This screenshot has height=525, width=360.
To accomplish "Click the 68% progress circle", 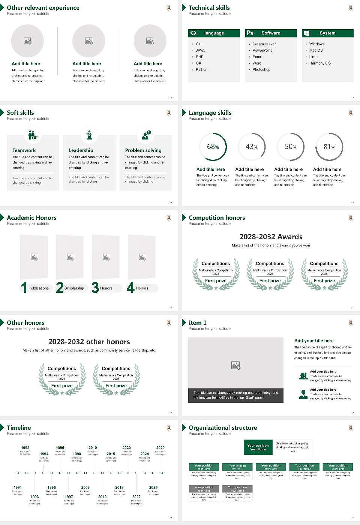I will [x=213, y=147].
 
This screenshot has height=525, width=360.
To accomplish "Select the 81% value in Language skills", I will [x=329, y=147].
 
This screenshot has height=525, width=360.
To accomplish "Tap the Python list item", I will [x=201, y=70].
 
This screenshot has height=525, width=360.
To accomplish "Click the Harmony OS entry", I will [x=319, y=63].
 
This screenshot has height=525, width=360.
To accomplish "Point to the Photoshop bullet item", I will [x=261, y=70].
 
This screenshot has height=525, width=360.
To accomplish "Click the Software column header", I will [x=271, y=33].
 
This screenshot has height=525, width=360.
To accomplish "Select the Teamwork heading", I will [x=24, y=150].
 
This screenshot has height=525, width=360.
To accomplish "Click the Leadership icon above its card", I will [x=89, y=135].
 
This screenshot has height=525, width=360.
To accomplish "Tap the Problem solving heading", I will [x=143, y=150].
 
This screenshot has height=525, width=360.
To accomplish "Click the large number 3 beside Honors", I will [x=95, y=288].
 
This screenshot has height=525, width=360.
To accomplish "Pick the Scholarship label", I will [x=74, y=288].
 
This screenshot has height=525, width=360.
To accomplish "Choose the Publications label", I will [x=38, y=288].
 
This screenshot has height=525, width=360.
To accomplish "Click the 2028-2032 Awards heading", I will [x=271, y=237].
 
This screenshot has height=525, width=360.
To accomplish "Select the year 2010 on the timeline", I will [x=93, y=448].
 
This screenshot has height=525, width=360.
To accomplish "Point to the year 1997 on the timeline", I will [x=69, y=497].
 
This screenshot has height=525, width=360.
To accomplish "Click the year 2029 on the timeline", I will [x=160, y=448].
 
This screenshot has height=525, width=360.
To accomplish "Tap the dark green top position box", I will [x=258, y=447].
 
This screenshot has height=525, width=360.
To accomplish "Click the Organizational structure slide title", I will [x=223, y=428].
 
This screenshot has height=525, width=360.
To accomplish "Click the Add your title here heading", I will [x=314, y=341].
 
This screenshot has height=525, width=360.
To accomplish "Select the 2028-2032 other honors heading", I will [x=89, y=342].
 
